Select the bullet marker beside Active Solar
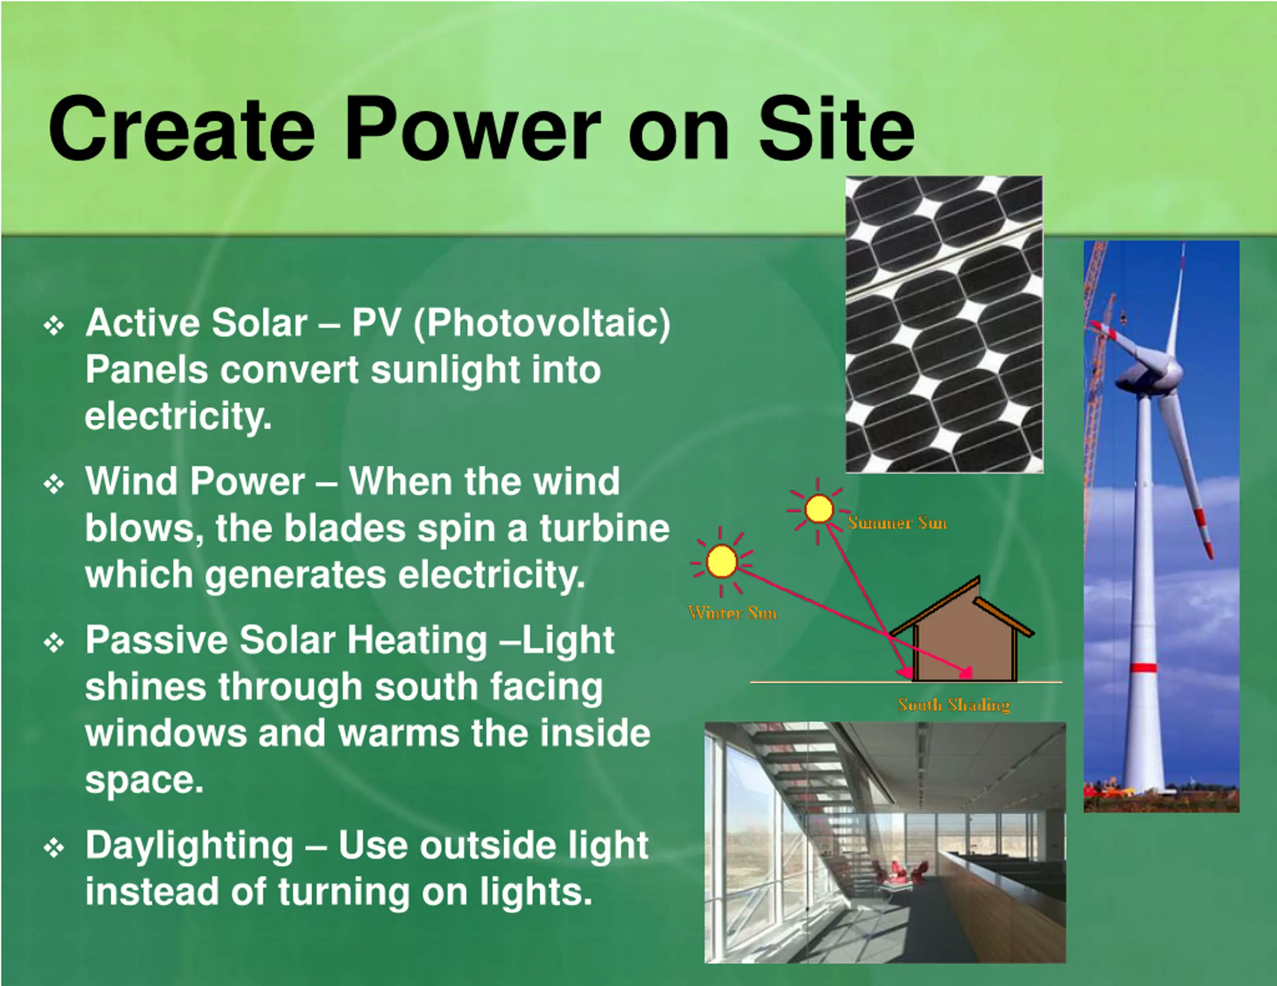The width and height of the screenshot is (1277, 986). (x=54, y=326)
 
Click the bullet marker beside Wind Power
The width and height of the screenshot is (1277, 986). (x=54, y=484)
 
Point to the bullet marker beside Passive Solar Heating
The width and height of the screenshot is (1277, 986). (x=54, y=643)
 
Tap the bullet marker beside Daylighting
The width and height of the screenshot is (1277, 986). (x=54, y=848)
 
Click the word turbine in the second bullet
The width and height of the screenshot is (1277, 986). (x=605, y=528)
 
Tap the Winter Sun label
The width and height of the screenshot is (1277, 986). (x=733, y=613)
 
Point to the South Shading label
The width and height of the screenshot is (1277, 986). (x=954, y=705)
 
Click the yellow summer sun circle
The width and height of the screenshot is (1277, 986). (x=819, y=508)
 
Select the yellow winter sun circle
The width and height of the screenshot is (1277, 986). (x=721, y=562)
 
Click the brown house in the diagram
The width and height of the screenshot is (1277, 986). (x=965, y=643)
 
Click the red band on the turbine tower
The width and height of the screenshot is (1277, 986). (x=1143, y=668)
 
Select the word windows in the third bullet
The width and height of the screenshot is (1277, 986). (x=166, y=733)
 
